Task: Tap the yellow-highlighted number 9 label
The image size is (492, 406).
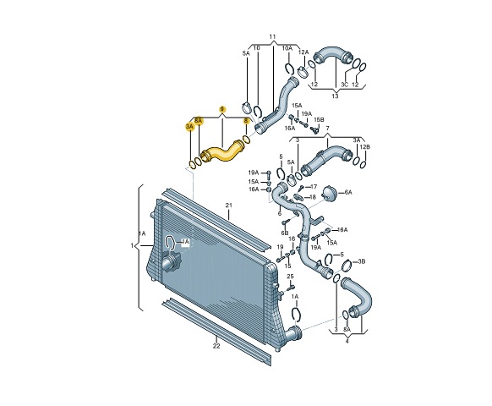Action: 222,110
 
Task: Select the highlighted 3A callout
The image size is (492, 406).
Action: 189,126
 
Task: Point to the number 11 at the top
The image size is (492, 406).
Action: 273,37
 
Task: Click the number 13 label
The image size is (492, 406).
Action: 335,96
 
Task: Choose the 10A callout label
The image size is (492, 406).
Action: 287,49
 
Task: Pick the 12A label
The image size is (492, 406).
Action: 303,52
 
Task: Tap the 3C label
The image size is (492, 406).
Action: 344,85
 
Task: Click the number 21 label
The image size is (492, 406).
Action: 228,206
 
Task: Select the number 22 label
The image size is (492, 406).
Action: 216,346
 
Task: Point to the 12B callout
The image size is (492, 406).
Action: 364,148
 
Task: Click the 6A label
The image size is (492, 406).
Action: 347,193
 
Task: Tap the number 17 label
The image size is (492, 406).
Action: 314,186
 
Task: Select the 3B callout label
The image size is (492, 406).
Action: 362,262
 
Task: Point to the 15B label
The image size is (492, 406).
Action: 319,120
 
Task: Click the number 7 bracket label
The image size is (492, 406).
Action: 328,129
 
